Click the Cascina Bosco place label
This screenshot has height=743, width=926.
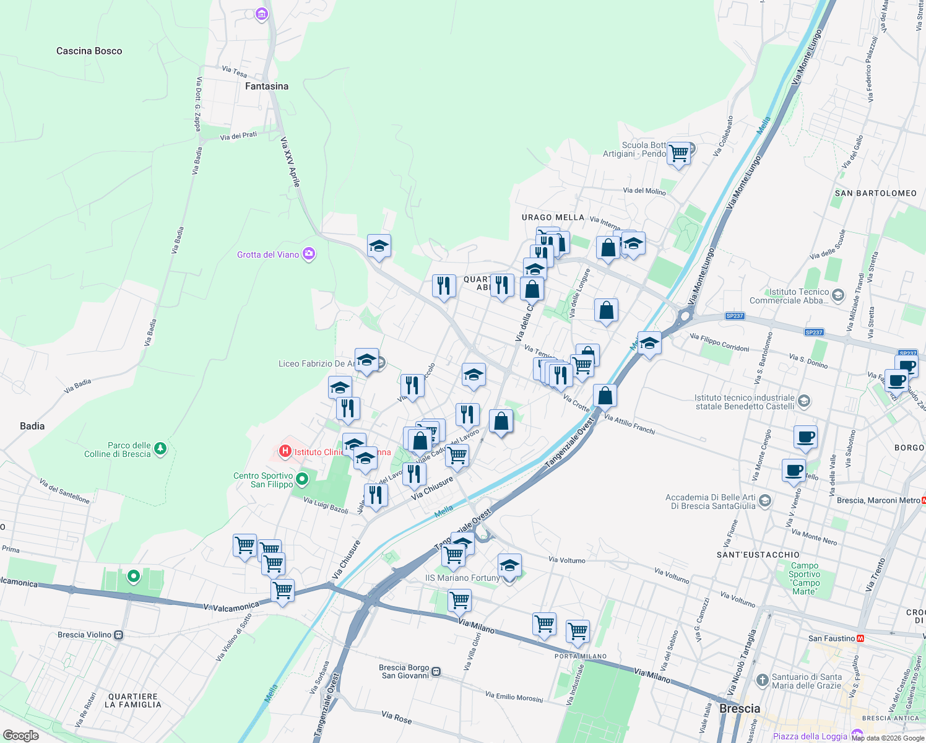pyautogui.click(x=89, y=51)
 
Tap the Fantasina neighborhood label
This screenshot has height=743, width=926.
pyautogui.click(x=267, y=86)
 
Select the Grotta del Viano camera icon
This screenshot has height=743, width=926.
pyautogui.click(x=309, y=254)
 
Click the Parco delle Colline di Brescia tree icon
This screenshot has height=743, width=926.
pyautogui.click(x=160, y=448)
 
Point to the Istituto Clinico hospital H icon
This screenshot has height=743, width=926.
pyautogui.click(x=285, y=451)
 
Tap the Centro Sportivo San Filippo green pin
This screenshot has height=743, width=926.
pyautogui.click(x=302, y=479)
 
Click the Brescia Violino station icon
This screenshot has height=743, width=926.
pyautogui.click(x=119, y=635)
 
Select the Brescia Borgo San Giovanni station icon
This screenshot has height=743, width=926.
pyautogui.click(x=436, y=671)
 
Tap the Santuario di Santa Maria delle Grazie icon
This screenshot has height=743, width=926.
pyautogui.click(x=763, y=680)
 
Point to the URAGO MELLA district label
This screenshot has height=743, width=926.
pyautogui.click(x=553, y=217)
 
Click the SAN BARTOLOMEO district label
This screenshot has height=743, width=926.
pyautogui.click(x=875, y=193)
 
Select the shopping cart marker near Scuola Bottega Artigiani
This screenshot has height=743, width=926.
pyautogui.click(x=679, y=152)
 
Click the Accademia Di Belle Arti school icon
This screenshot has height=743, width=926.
pyautogui.click(x=765, y=500)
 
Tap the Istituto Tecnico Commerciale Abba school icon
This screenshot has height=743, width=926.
pyautogui.click(x=838, y=295)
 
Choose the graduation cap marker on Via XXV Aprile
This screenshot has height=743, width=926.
pyautogui.click(x=379, y=246)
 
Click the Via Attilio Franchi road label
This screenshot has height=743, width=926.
pyautogui.click(x=629, y=424)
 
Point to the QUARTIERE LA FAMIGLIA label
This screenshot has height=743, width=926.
pyautogui.click(x=133, y=700)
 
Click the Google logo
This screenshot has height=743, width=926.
pyautogui.click(x=21, y=736)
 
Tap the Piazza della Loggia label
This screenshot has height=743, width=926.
pyautogui.click(x=810, y=736)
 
